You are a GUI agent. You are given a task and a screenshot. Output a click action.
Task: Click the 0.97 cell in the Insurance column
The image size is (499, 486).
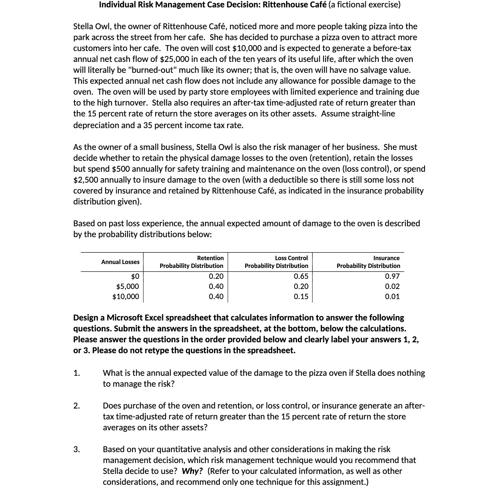pos(392,276)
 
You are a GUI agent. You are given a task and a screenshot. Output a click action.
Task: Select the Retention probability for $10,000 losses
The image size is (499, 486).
pos(216,297)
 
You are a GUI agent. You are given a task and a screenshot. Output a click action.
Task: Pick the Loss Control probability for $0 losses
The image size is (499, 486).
pos(301,276)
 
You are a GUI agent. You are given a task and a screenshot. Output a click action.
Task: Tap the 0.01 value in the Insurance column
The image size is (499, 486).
pos(392,297)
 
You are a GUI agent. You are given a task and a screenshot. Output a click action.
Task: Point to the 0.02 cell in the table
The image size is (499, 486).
pos(392,287)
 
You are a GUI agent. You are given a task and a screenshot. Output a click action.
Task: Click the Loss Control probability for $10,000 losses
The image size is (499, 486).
pos(301,297)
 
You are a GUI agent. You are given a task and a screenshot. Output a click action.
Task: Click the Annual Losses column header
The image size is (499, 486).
pos(120,262)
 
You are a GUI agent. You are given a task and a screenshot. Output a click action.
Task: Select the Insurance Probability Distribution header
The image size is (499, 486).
pos(368,262)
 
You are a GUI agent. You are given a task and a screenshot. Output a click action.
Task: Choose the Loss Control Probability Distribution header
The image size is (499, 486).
pos(276,262)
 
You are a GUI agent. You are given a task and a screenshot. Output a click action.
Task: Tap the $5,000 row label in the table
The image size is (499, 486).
pos(127,287)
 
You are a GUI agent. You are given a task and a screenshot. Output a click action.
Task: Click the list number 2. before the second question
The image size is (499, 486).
pos(77,406)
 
